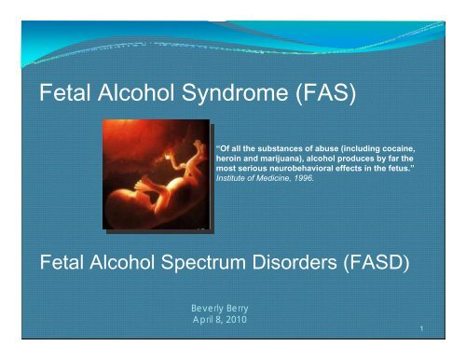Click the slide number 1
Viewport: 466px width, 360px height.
(422, 328)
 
